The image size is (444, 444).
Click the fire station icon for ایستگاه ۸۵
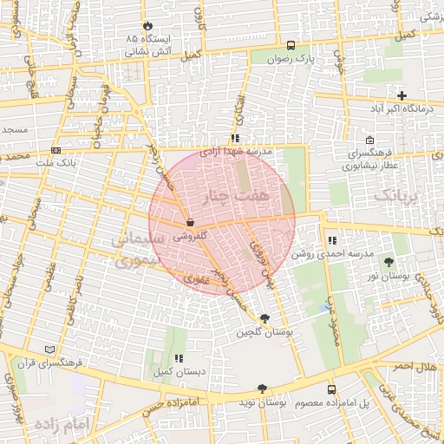(147, 25)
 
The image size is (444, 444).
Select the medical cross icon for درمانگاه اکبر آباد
(401, 95)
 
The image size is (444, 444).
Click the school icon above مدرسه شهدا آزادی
(235, 138)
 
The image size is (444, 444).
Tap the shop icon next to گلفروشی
(190, 222)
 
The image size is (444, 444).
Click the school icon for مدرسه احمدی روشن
(332, 240)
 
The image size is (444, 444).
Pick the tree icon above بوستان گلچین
(264, 318)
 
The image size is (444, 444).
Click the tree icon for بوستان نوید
(262, 389)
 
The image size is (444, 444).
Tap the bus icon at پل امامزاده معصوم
(331, 389)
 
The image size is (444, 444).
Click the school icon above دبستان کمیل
(179, 357)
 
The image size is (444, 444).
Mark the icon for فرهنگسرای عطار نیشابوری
(370, 141)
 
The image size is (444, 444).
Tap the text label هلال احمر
(415, 368)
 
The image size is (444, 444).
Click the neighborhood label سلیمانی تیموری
(133, 248)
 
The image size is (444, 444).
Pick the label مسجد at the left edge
(14, 130)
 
